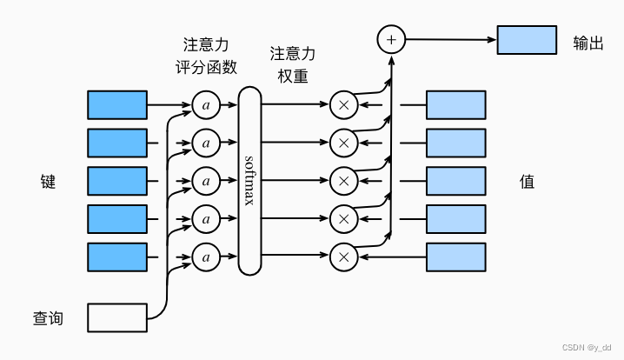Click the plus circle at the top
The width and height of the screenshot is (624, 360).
point(391,39)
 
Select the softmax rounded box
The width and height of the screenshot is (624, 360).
point(249,181)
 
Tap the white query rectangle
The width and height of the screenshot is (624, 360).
point(117,318)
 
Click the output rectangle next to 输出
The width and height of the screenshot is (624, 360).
point(527,40)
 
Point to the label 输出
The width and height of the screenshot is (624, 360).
point(587,42)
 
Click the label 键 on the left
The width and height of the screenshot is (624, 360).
point(48,182)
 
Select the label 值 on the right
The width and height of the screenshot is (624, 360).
point(527,182)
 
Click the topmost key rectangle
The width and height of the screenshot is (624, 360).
point(117,104)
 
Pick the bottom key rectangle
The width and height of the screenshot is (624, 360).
point(117,257)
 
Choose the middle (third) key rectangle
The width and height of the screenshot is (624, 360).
point(117,181)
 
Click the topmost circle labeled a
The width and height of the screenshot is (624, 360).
point(206,105)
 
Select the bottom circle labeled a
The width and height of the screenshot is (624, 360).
point(206,257)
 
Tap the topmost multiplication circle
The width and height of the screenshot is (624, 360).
point(343,105)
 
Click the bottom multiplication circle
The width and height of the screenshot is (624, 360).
point(343,257)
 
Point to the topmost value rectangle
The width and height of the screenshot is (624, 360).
point(455,104)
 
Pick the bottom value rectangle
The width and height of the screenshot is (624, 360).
point(455,257)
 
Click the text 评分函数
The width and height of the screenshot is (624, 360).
point(206,67)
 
